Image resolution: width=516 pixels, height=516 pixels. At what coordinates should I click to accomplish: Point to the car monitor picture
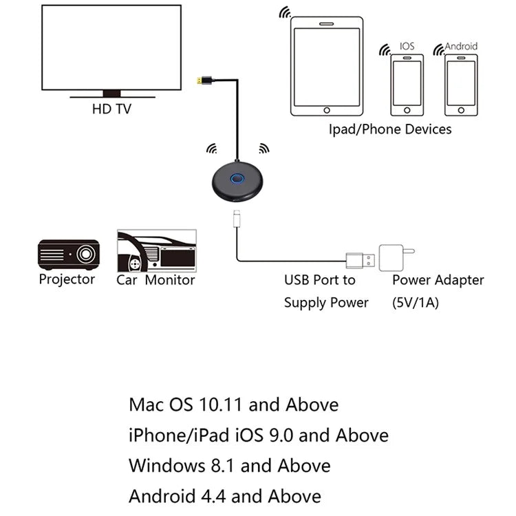156,249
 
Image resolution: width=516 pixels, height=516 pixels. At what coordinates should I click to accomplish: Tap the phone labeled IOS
406,85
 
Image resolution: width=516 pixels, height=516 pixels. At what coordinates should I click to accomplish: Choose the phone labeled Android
460,85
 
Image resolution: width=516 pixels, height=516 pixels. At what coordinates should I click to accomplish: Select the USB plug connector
360,261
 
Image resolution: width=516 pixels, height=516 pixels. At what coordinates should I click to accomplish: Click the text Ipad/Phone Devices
389,129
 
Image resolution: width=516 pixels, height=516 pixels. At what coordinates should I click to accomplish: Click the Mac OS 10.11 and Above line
233,405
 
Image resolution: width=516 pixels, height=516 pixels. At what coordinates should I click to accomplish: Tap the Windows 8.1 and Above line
229,466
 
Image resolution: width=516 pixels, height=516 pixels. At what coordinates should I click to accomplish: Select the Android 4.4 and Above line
224,496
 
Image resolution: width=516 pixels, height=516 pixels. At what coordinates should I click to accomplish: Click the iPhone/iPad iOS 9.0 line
258,435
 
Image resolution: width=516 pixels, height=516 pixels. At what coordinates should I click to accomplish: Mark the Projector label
67,279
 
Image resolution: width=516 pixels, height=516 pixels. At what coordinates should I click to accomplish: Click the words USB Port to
320,280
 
